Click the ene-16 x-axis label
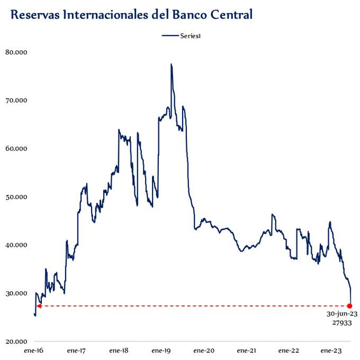pos(34,350)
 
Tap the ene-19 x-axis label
pos(161,350)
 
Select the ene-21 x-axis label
pos(246,350)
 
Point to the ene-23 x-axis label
pos(331,350)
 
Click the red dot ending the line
pos(350,306)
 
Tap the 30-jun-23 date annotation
pos(342,314)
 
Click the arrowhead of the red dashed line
pos(39,306)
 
